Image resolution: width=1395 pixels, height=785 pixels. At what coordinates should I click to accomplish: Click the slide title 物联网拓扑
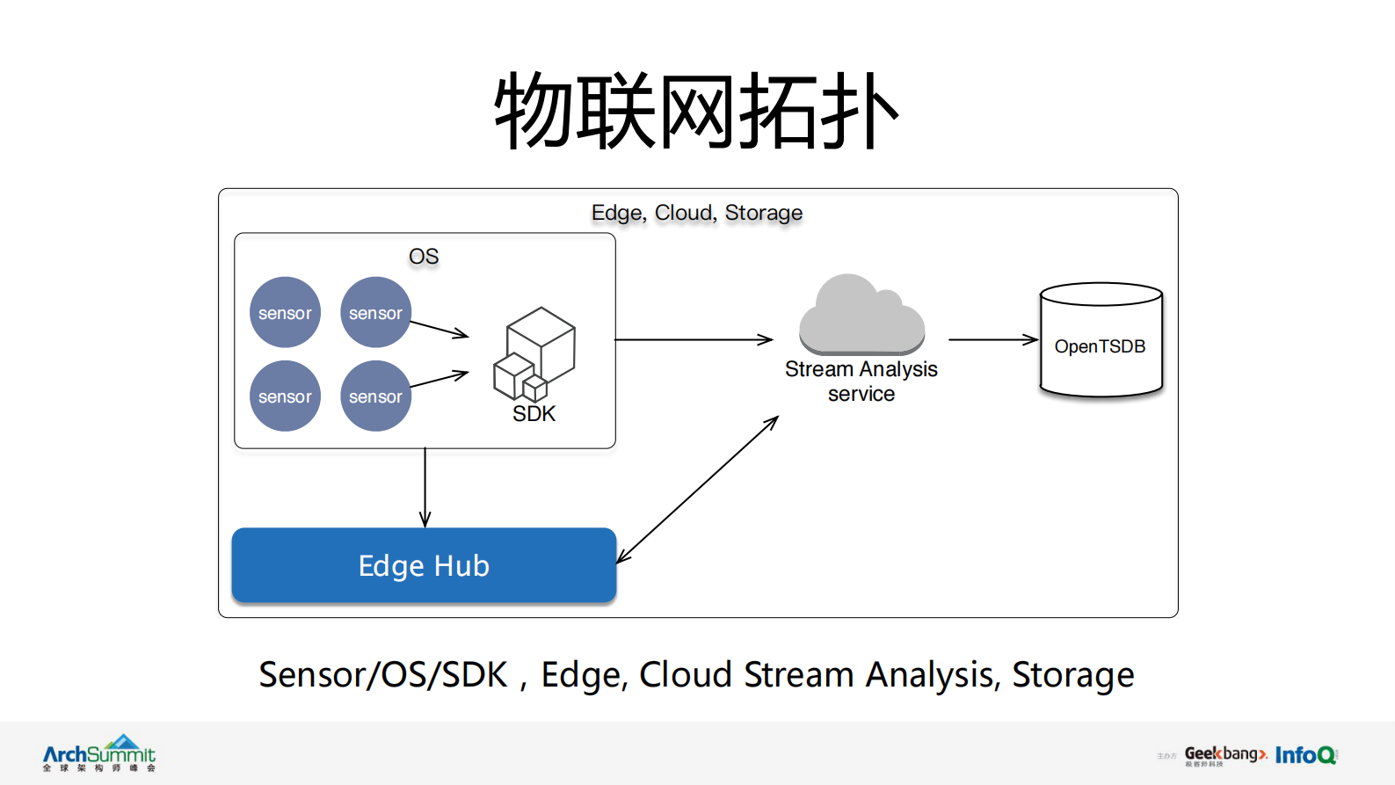(696, 111)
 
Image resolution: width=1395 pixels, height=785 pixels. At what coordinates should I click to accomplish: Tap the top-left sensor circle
(285, 313)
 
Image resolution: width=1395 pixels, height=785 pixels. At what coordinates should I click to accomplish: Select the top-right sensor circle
(375, 313)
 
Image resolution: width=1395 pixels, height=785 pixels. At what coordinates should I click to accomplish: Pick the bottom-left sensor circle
(285, 396)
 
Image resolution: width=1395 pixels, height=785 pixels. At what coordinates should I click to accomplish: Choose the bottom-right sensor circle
(375, 396)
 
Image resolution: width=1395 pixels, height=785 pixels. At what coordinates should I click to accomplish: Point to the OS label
(424, 257)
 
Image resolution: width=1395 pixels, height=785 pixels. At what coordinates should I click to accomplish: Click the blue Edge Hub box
(424, 565)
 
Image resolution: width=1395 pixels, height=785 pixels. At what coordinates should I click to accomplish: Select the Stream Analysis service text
(861, 382)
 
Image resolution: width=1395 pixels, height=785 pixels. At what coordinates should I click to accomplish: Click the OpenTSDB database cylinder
(1101, 341)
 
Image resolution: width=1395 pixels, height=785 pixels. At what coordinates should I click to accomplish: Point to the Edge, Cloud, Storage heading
(696, 213)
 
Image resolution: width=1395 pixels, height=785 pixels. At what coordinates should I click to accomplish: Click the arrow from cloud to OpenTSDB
(992, 339)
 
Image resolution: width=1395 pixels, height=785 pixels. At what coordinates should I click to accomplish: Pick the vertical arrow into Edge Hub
(425, 488)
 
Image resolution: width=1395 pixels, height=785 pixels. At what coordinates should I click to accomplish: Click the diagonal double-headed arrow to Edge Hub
(697, 490)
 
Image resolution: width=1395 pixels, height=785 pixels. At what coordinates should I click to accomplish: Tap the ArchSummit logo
(99, 754)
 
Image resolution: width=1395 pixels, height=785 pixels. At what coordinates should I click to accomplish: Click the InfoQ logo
(1305, 755)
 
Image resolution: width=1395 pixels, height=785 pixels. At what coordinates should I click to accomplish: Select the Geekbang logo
(1224, 755)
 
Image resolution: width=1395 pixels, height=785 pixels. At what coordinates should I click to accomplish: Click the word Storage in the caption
(1072, 675)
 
